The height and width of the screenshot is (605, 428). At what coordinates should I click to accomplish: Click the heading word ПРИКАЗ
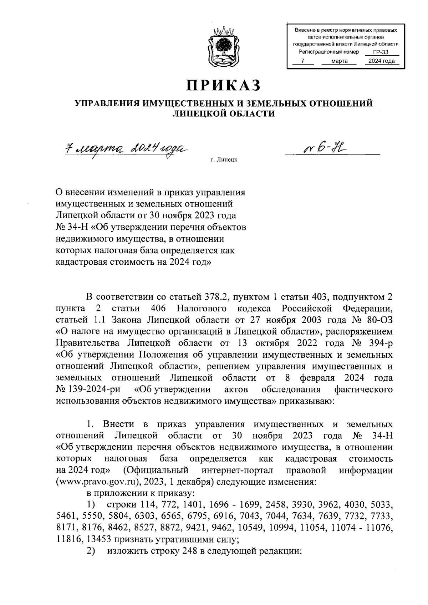click(x=223, y=86)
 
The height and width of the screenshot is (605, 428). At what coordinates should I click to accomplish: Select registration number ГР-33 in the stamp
click(x=381, y=53)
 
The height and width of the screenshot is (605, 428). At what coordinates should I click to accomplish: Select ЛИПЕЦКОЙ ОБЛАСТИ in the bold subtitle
click(x=224, y=113)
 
